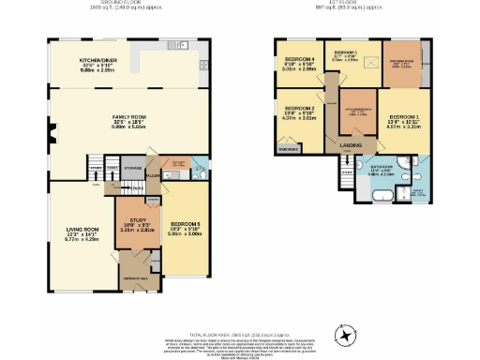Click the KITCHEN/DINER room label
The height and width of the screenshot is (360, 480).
tap(97, 57)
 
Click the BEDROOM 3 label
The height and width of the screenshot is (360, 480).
tap(344, 52)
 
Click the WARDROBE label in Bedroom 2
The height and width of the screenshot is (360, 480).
tap(290, 149)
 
